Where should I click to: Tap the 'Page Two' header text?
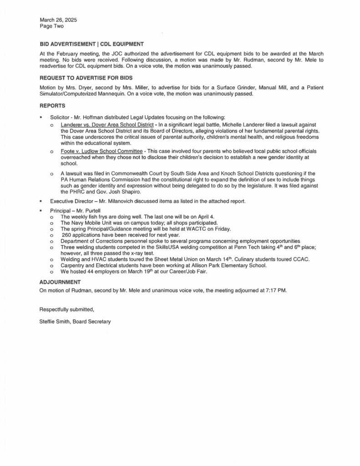pos(51,26)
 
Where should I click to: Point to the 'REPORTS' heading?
pos(52,106)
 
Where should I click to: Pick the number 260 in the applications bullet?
pos(66,235)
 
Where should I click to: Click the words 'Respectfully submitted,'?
pos(67,309)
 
